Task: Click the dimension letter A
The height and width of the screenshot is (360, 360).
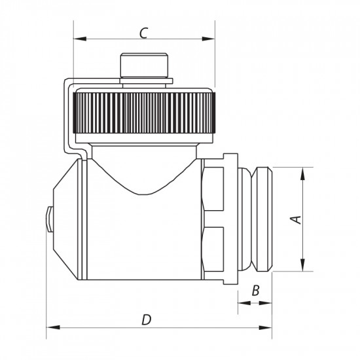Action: (x=296, y=219)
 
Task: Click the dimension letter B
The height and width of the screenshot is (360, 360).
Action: (x=256, y=290)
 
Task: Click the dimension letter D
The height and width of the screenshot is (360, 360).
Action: (x=147, y=319)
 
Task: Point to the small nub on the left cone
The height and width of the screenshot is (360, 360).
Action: (x=49, y=219)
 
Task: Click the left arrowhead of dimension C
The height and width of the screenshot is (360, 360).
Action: (x=79, y=39)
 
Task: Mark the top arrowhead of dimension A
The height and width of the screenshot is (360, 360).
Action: (x=303, y=173)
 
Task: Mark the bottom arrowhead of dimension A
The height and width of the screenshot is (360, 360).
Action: (x=303, y=264)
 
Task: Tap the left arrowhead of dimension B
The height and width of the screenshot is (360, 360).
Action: (x=242, y=302)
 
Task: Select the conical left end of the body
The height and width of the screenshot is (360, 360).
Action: (x=67, y=219)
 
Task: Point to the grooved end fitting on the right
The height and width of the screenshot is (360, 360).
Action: (x=261, y=219)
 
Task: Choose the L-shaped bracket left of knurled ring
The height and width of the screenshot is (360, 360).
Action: (x=68, y=118)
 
